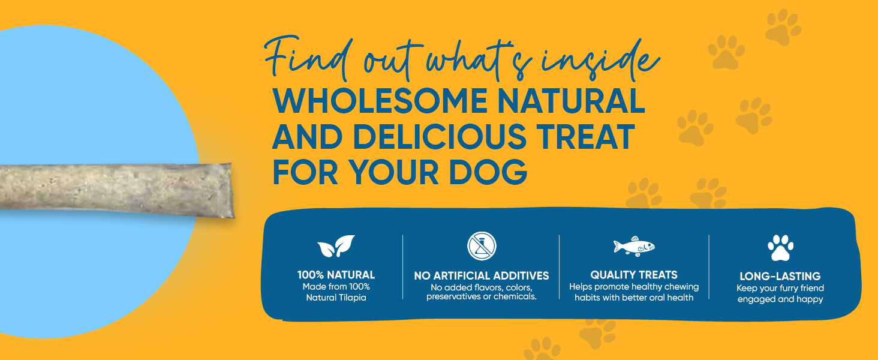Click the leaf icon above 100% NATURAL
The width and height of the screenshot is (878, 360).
tap(335, 246)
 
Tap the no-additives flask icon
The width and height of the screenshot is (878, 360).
tap(482, 246)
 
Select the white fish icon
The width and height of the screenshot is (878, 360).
tap(634, 246)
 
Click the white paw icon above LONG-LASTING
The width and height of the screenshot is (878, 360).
tap(780, 248)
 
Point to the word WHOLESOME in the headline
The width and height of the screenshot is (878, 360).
tap(380, 101)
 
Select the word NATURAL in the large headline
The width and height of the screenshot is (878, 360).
tap(571, 101)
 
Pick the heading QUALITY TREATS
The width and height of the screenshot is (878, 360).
tap(634, 275)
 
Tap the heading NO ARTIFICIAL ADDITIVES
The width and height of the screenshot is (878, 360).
tap(482, 275)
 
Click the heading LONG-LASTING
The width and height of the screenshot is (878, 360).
tap(780, 276)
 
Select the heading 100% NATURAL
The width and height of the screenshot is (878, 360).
tap(336, 275)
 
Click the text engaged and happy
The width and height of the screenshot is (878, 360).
tap(780, 299)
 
